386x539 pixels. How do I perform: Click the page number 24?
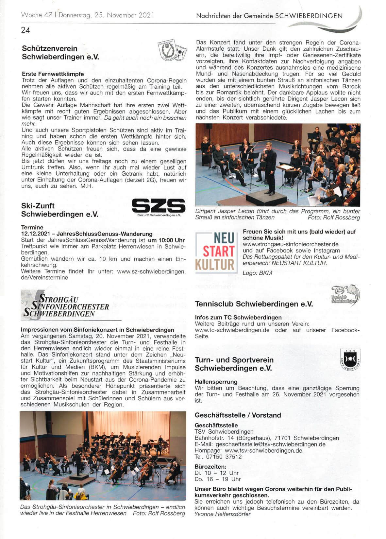[25, 30]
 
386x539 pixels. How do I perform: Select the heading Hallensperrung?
[216, 382]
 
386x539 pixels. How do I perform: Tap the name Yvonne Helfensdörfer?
[222, 514]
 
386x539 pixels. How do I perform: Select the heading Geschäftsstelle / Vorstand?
[238, 415]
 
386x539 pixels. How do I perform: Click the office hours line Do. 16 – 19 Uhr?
[217, 479]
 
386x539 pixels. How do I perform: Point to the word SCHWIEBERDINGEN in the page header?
[309, 15]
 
